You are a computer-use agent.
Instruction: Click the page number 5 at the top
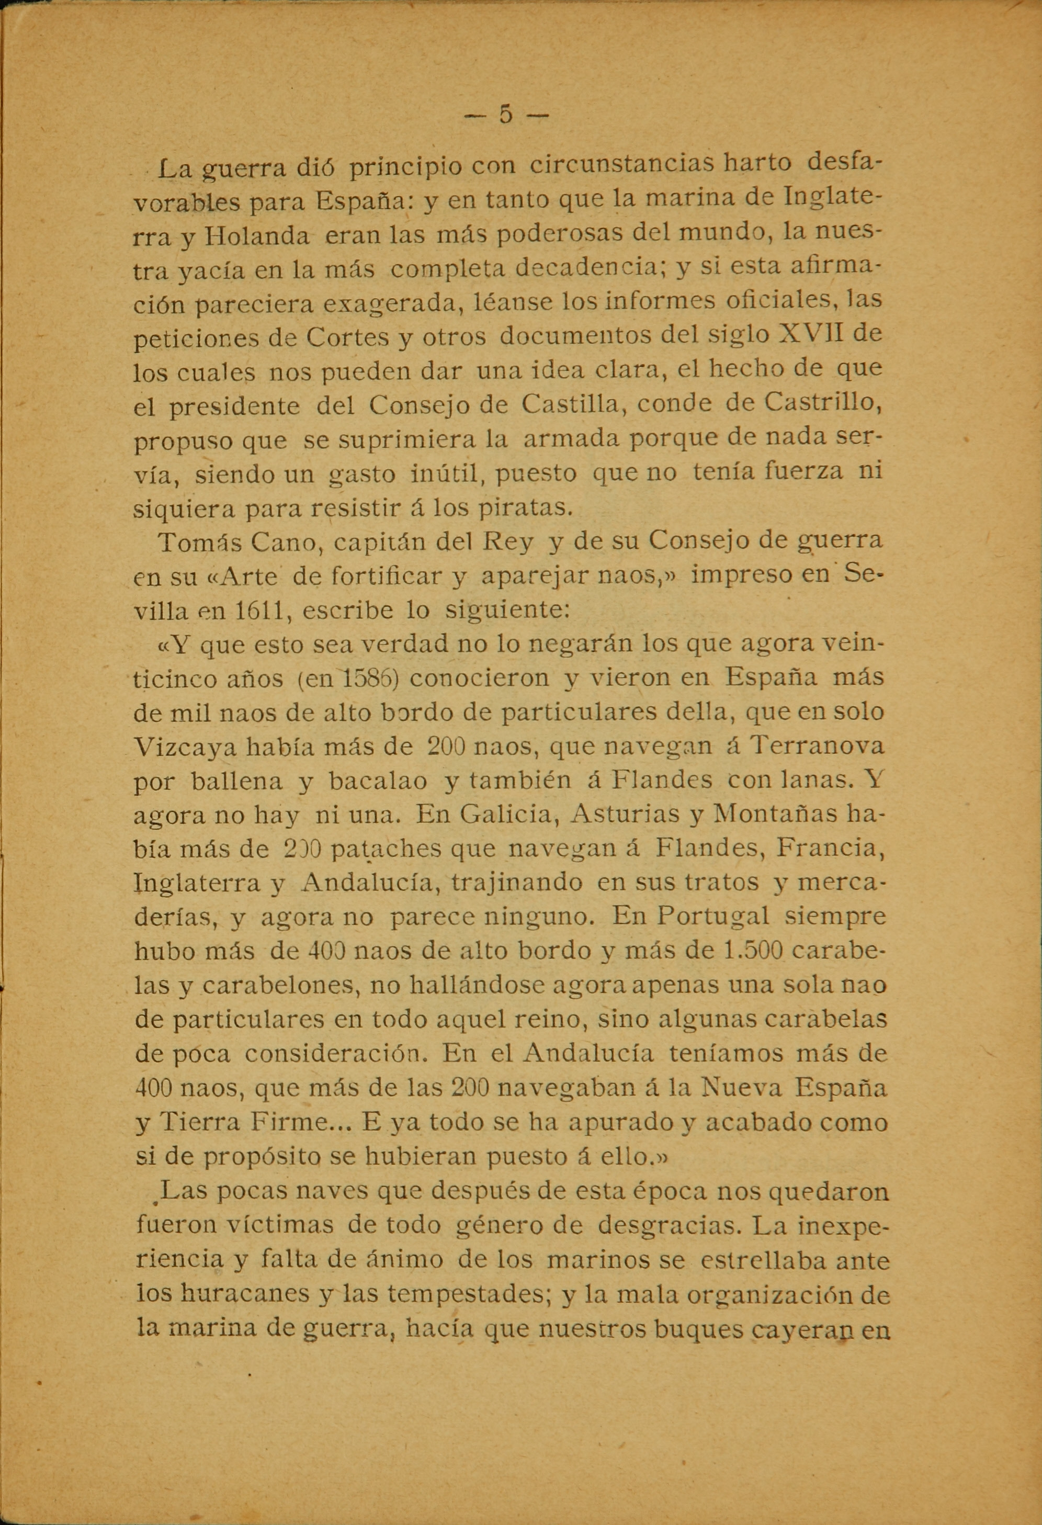(505, 115)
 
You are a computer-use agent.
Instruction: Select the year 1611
(258, 612)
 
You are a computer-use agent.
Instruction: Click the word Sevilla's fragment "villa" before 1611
(160, 612)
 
